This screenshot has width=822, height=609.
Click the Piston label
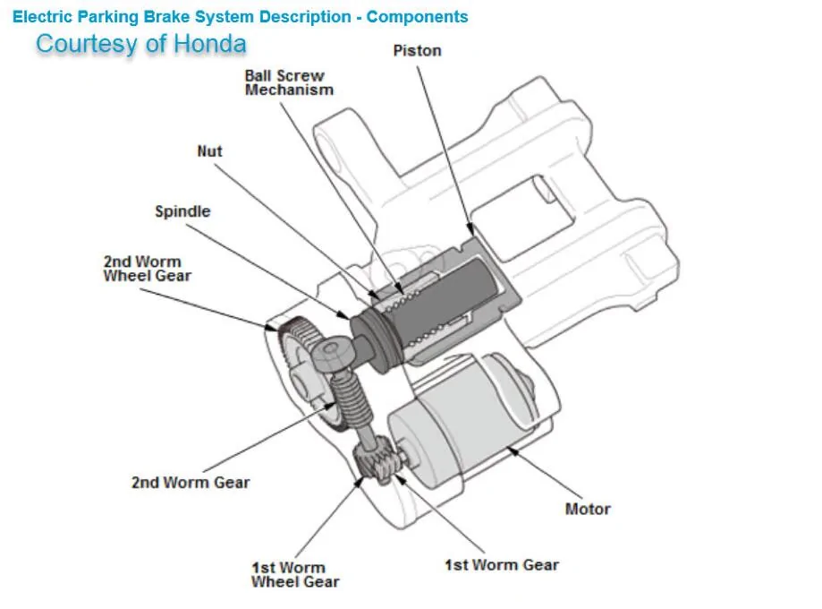(x=417, y=51)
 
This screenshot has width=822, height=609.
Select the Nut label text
(x=209, y=151)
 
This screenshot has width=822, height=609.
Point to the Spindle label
(x=182, y=211)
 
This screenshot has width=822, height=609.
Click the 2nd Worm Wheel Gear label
(x=147, y=269)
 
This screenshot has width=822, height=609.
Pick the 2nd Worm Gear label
(x=191, y=482)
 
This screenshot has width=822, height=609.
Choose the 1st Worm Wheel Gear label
(x=295, y=574)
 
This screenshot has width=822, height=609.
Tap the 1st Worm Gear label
(x=501, y=565)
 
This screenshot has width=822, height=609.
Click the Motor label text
(x=588, y=509)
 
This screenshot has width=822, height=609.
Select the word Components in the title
(x=417, y=16)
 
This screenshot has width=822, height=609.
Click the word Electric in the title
(x=44, y=16)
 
